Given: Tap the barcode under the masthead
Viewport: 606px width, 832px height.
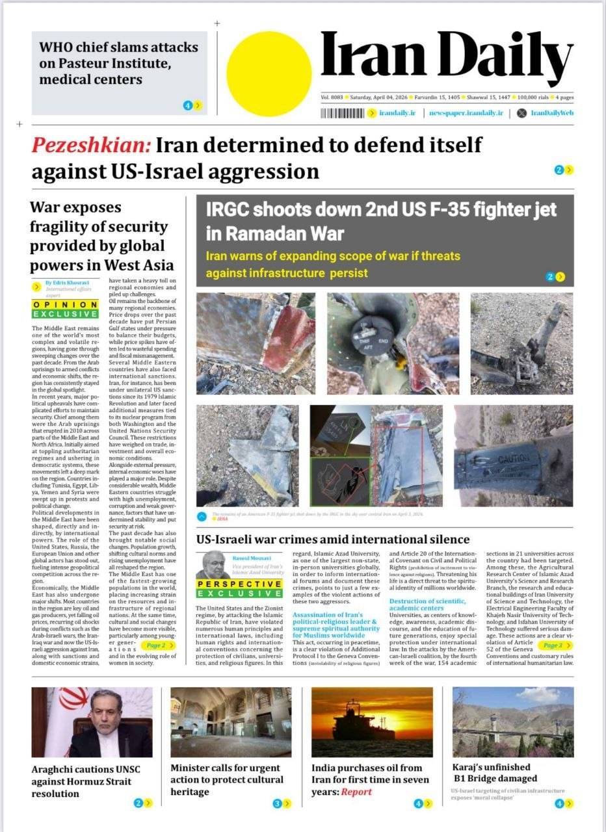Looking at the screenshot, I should (x=342, y=113).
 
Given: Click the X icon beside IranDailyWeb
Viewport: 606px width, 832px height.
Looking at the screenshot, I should (x=520, y=113).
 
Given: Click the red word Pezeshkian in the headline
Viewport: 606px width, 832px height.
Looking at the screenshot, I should (x=91, y=144).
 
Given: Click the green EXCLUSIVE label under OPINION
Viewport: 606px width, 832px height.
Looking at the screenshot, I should (x=65, y=314).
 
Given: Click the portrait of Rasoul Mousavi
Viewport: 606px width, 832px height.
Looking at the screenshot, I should (x=213, y=565).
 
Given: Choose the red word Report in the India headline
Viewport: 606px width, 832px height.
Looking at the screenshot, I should (x=357, y=792).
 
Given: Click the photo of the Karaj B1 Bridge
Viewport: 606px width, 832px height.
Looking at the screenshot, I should (x=512, y=721).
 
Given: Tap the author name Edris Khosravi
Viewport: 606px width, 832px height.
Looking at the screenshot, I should (x=68, y=283).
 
